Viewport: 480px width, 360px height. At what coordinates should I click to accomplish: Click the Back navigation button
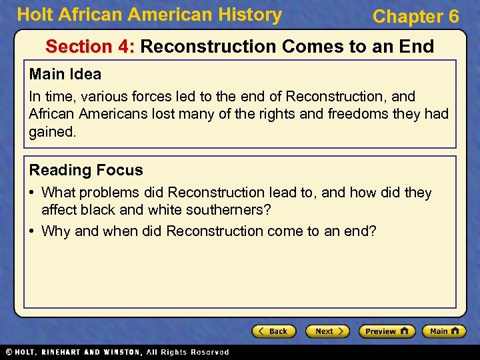tap(274, 331)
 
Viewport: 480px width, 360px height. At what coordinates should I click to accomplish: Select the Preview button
tap(387, 331)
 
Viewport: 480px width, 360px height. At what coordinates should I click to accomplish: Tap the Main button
tap(443, 331)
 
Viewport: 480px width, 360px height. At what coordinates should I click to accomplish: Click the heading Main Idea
tap(65, 75)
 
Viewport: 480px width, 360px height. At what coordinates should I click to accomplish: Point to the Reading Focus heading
tap(86, 170)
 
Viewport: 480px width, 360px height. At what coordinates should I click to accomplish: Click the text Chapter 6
tap(415, 17)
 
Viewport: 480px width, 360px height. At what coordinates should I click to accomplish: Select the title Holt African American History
tap(149, 15)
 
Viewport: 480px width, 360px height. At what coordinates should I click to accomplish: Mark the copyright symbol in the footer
tap(8, 352)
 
